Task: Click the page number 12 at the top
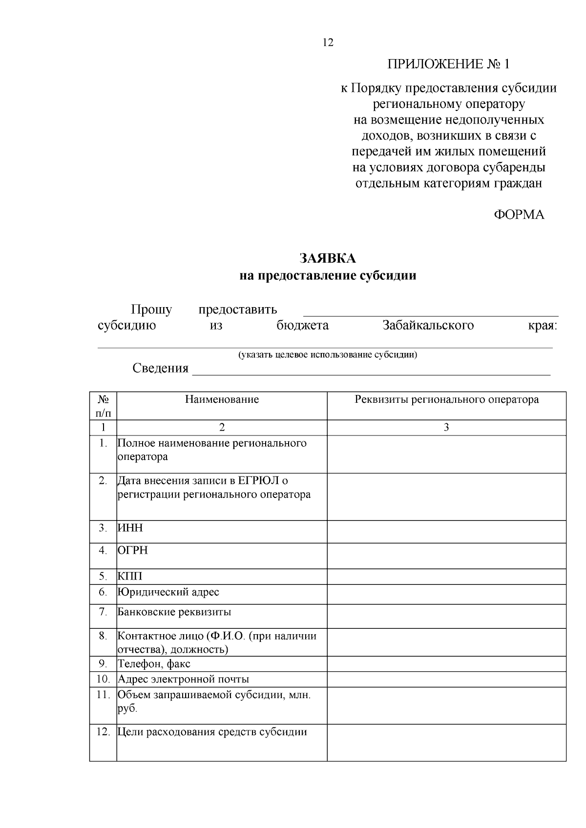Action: pyautogui.click(x=328, y=43)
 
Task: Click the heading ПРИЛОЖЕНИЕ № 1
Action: pyautogui.click(x=448, y=64)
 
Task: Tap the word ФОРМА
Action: pyautogui.click(x=519, y=215)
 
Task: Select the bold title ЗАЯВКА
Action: pyautogui.click(x=328, y=258)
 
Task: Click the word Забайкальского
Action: pyautogui.click(x=428, y=326)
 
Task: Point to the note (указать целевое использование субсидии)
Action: pyautogui.click(x=328, y=354)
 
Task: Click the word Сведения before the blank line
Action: pyautogui.click(x=160, y=368)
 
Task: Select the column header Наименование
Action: pyautogui.click(x=222, y=399)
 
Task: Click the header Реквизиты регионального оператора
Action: pyautogui.click(x=446, y=399)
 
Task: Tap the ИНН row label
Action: pyautogui.click(x=130, y=528)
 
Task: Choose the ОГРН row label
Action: pyautogui.click(x=133, y=550)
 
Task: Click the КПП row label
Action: pyautogui.click(x=130, y=576)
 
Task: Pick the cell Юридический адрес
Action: pyautogui.click(x=168, y=592)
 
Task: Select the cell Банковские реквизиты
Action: pyautogui.click(x=174, y=612)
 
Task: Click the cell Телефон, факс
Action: pyautogui.click(x=154, y=664)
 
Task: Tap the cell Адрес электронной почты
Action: pyautogui.click(x=184, y=679)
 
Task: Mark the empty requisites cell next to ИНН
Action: pyautogui.click(x=446, y=532)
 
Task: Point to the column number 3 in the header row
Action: pyautogui.click(x=446, y=428)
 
